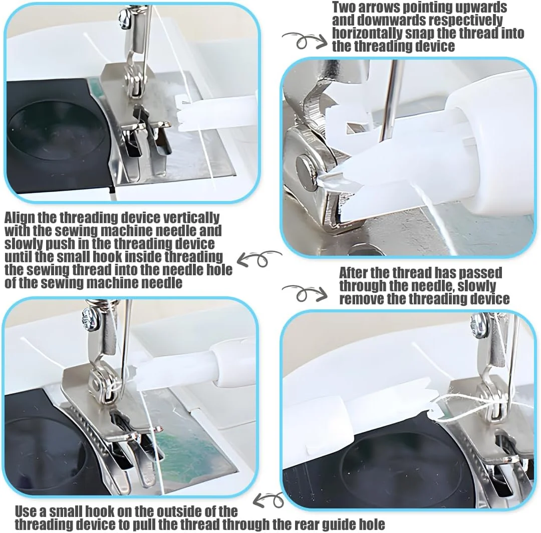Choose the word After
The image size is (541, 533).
click(x=353, y=273)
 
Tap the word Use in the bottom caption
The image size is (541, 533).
click(x=25, y=511)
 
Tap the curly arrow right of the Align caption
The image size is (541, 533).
click(x=259, y=259)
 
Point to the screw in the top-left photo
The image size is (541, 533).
click(x=124, y=17)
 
